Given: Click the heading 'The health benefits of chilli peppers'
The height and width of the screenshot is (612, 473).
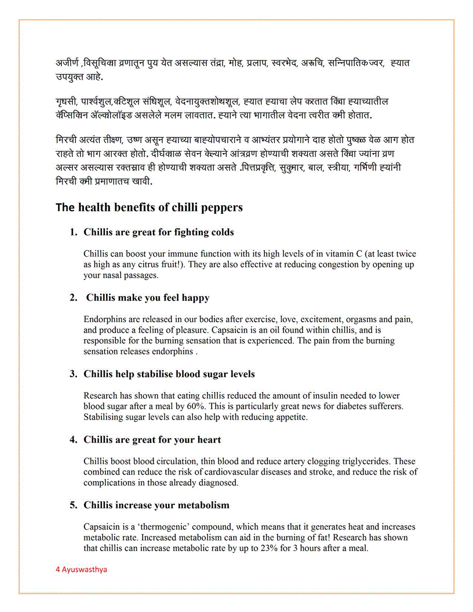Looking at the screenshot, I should click(149, 207).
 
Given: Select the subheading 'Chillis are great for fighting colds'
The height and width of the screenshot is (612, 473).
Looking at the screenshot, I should click(159, 232).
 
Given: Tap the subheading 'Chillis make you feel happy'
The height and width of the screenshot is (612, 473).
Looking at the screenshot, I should click(148, 298).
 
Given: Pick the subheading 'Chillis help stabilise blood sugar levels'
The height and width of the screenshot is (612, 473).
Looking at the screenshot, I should click(169, 374).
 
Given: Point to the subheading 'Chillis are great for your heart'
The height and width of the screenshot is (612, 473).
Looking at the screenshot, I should click(152, 440).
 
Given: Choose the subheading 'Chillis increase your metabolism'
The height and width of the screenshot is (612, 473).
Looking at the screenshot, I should click(157, 505).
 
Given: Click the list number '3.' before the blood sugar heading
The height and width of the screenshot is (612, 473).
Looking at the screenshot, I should click(74, 374).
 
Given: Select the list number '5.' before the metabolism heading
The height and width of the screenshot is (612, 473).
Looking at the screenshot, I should click(74, 505).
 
